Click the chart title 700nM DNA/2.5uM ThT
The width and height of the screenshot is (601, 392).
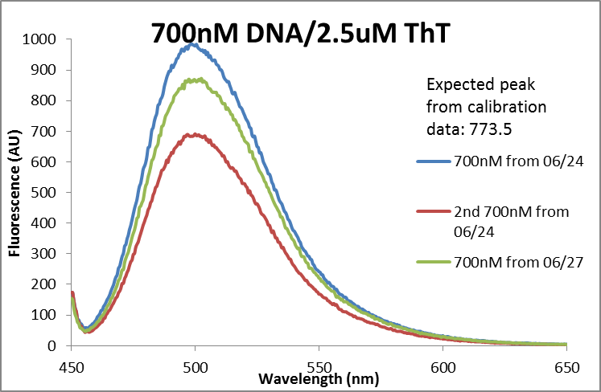[299, 34]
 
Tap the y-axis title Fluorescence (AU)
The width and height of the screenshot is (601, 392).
[14, 194]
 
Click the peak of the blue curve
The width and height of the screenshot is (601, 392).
[194, 44]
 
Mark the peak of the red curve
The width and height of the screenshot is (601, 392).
[194, 134]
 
